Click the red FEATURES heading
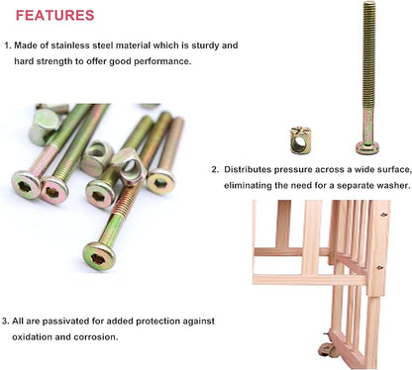point(55,16)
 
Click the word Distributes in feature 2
point(248,169)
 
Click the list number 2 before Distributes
point(215,170)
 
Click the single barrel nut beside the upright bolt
point(300,140)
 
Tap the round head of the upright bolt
point(367,148)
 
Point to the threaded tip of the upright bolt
point(369,4)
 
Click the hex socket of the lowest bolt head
point(98,258)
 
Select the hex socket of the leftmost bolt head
point(25,187)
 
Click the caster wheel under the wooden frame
point(327,350)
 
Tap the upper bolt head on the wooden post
point(383,215)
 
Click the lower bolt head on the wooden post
point(380,267)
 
